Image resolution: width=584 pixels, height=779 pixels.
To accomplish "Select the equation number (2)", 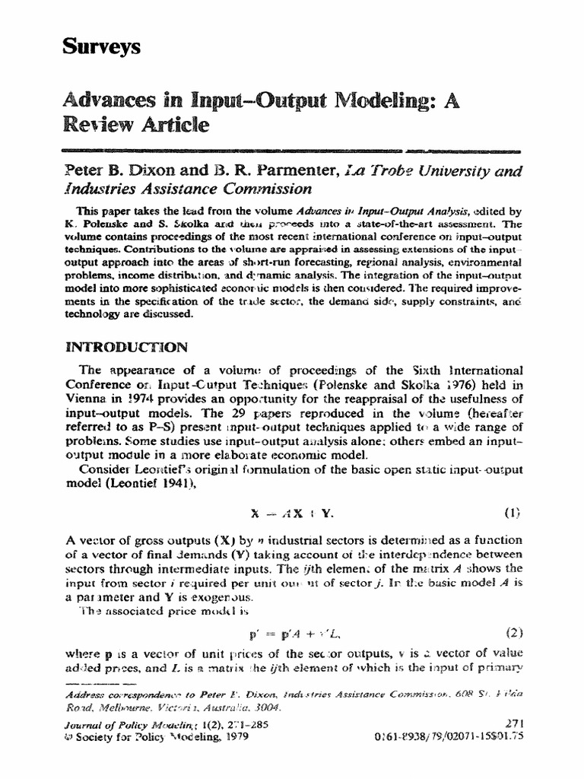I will [515, 631].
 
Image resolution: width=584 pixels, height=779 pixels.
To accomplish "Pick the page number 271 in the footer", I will [514, 723].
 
